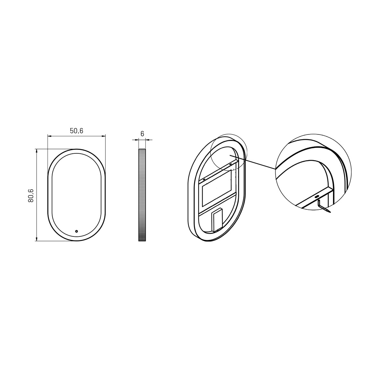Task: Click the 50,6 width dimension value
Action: pos(76,131)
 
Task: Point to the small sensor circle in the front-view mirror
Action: pos(76,231)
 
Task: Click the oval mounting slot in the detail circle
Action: pos(317,197)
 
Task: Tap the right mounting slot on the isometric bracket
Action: pos(230,164)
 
